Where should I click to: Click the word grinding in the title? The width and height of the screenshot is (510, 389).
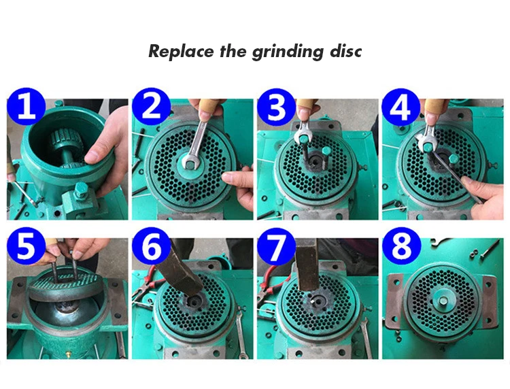point(288,52)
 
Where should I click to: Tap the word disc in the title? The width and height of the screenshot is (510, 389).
point(345,52)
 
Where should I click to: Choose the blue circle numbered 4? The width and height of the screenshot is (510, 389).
point(401,106)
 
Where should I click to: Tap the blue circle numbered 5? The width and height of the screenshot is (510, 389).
point(27,246)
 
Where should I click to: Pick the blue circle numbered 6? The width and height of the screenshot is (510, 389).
point(152,246)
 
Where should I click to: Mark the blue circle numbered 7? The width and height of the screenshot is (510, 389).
point(277,246)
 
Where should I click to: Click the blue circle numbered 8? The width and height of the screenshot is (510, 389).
point(401,246)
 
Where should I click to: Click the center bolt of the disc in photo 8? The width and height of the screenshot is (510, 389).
point(443,300)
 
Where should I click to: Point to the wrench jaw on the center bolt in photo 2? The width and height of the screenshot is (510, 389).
point(190,162)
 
